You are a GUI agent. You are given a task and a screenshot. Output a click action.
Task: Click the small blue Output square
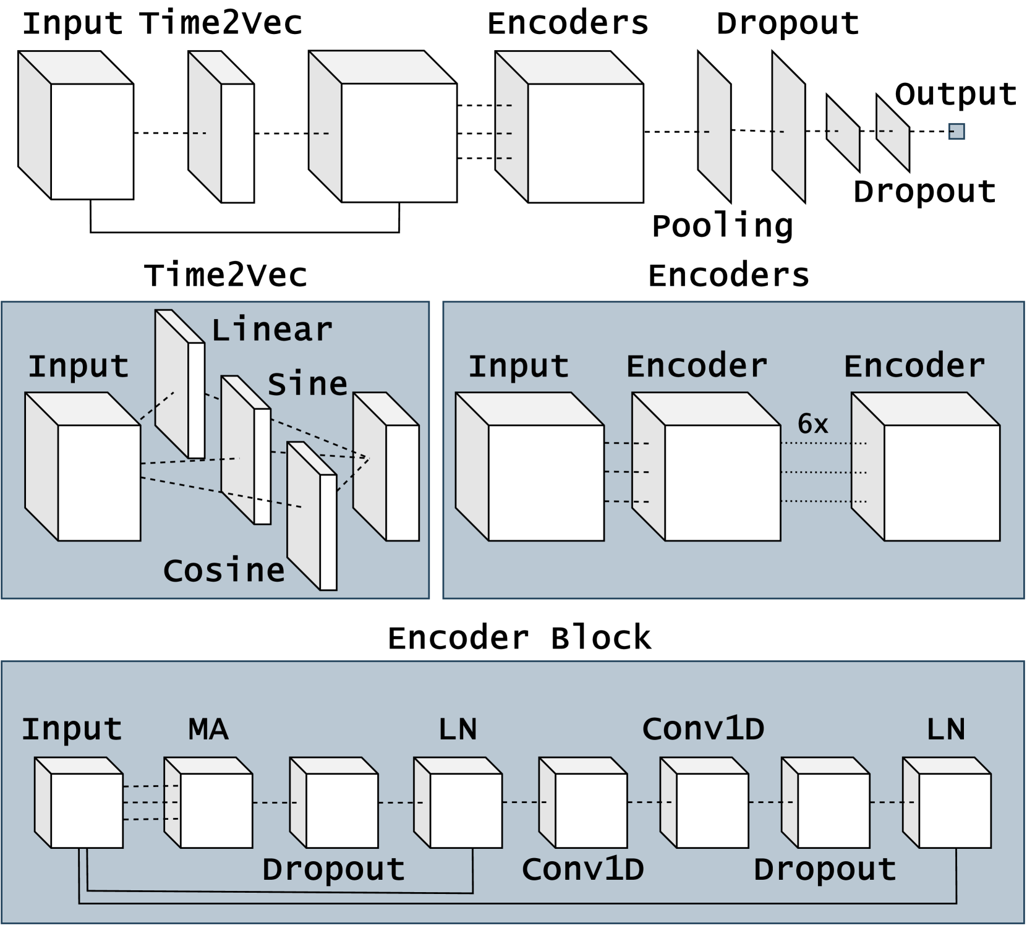click(x=957, y=132)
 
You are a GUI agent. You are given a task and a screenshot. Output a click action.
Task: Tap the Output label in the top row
click(x=956, y=95)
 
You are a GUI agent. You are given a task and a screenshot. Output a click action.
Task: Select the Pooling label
click(x=722, y=226)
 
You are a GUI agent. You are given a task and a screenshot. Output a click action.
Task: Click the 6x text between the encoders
click(x=812, y=424)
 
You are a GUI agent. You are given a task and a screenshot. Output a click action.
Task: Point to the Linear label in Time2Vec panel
click(x=272, y=330)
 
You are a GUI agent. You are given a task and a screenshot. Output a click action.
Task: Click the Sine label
click(x=307, y=385)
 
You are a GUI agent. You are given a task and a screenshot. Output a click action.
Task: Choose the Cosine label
click(x=224, y=570)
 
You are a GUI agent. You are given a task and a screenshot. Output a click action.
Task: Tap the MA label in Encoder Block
click(x=208, y=729)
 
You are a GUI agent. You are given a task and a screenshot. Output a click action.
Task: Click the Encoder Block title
click(x=519, y=637)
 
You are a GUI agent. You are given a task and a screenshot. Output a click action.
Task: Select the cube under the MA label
click(x=208, y=802)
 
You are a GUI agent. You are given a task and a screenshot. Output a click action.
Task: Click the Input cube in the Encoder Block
click(x=79, y=802)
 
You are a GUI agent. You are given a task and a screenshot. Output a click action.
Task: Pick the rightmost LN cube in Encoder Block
click(x=947, y=802)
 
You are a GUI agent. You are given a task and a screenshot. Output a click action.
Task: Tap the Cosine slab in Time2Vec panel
click(x=312, y=516)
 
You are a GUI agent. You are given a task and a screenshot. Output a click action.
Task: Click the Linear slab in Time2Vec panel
click(x=179, y=384)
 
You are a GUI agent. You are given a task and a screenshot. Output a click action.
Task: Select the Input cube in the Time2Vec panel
click(x=83, y=467)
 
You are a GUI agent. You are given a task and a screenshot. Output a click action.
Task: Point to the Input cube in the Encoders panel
click(x=530, y=467)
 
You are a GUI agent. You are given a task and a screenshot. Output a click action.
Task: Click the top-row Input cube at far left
click(x=76, y=125)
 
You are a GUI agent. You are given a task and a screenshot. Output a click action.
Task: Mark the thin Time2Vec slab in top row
click(x=221, y=127)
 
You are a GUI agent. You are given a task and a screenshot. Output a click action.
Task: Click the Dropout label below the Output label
click(x=924, y=192)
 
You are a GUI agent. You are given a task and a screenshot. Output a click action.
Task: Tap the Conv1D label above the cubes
click(x=703, y=729)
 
